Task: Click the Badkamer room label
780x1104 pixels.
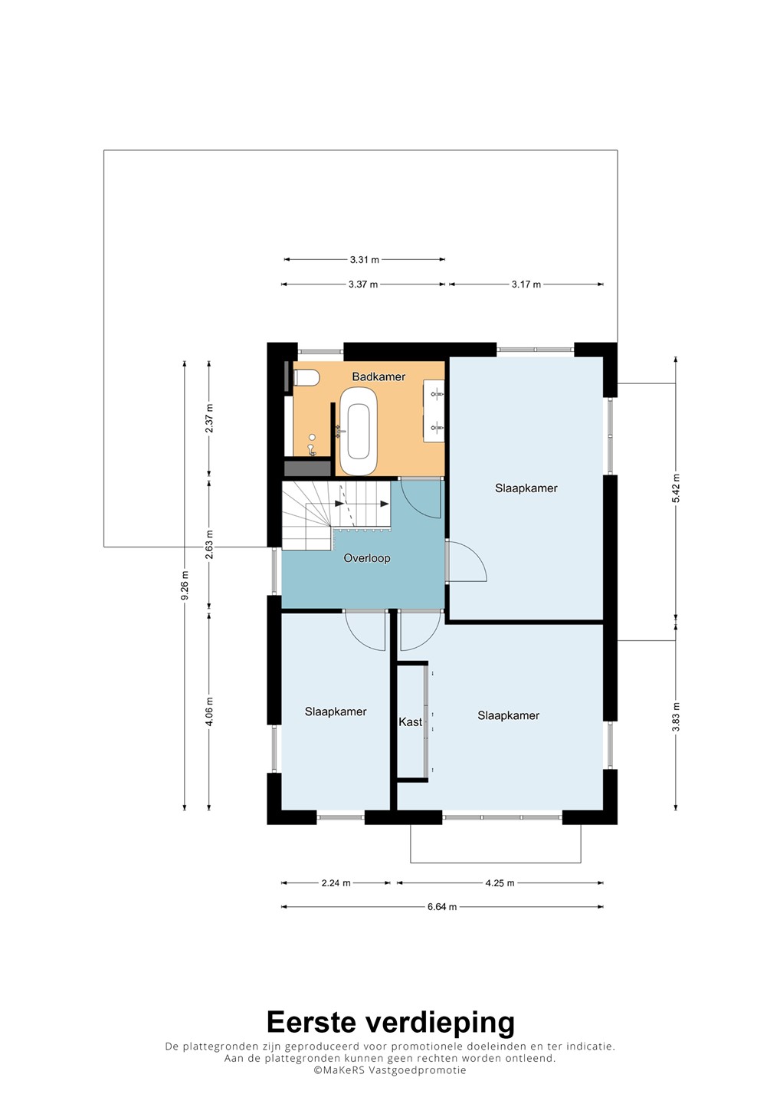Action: [379, 376]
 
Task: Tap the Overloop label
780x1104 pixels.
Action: [367, 558]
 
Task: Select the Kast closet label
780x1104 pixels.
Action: [410, 721]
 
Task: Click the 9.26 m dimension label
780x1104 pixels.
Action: [185, 586]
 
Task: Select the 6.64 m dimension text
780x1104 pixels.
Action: [441, 906]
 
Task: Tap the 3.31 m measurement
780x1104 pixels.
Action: [365, 259]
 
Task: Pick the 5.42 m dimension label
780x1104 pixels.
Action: [676, 488]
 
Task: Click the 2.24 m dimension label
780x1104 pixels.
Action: [336, 882]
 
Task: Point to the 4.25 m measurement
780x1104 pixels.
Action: [500, 882]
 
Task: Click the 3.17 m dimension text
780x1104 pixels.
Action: [526, 284]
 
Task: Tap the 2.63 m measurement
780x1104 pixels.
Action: [209, 544]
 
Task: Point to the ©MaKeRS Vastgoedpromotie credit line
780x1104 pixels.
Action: [389, 1070]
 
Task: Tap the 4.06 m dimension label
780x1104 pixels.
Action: [209, 711]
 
